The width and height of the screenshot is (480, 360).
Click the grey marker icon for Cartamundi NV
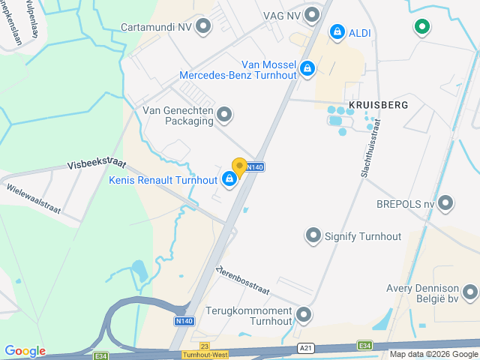pyautogui.click(x=203, y=27)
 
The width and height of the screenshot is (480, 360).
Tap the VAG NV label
pyautogui.click(x=281, y=15)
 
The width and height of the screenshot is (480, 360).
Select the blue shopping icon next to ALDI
pyautogui.click(x=337, y=32)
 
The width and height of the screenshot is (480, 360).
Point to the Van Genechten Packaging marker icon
pyautogui.click(x=224, y=114)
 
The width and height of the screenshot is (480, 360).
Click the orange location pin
pyautogui.click(x=239, y=166)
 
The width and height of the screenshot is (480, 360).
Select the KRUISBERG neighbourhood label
pyautogui.click(x=378, y=105)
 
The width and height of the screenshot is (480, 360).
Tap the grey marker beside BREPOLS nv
pyautogui.click(x=446, y=203)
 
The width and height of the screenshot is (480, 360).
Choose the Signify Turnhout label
pyautogui.click(x=363, y=236)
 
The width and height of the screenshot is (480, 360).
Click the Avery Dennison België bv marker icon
pyautogui.click(x=470, y=292)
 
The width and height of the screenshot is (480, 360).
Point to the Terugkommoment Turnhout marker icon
pyautogui.click(x=304, y=314)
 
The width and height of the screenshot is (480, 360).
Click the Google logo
pyautogui.click(x=24, y=351)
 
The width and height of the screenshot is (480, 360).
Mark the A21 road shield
pyautogui.click(x=305, y=348)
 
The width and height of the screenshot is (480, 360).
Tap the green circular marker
pyautogui.click(x=421, y=28)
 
